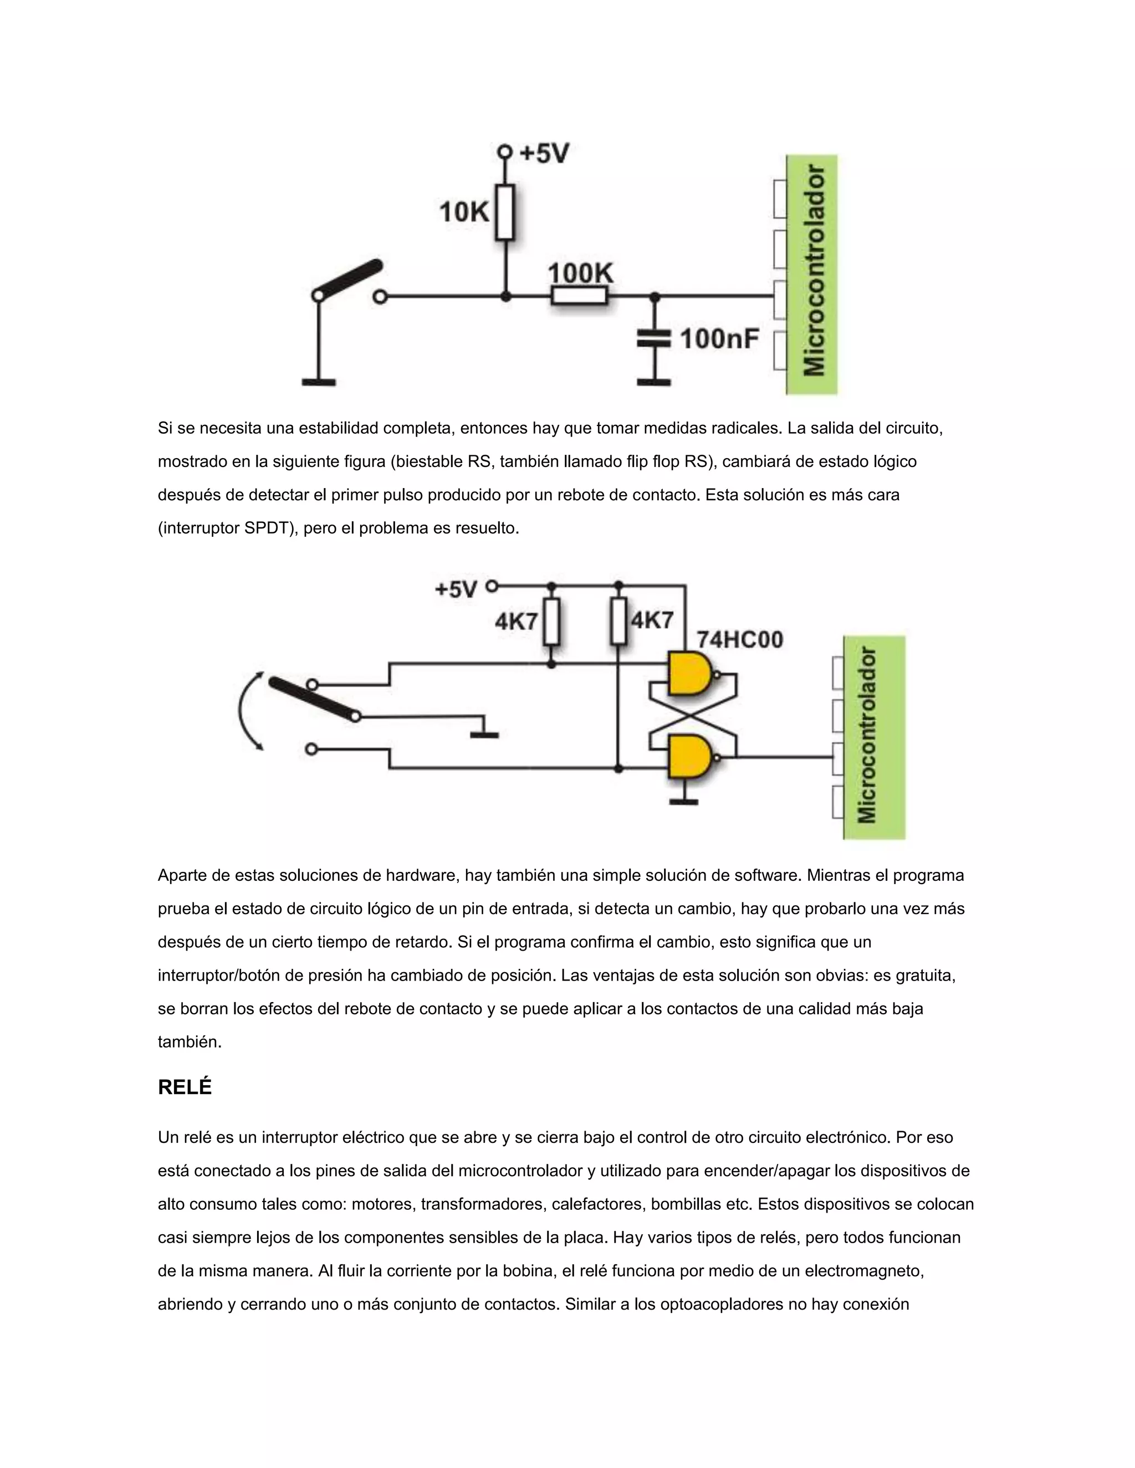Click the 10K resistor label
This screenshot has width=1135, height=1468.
coord(464,212)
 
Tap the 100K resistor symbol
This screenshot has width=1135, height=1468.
coord(579,296)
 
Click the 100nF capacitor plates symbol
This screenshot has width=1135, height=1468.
coord(653,338)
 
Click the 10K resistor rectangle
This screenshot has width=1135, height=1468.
coord(505,212)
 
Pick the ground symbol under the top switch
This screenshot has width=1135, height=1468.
coord(319,382)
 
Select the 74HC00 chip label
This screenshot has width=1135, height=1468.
coord(740,639)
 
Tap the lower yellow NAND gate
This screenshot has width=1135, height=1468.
coord(689,757)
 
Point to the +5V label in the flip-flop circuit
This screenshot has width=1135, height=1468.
coord(456,589)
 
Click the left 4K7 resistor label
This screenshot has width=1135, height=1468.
coord(516,621)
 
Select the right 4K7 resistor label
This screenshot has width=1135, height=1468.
coord(652,619)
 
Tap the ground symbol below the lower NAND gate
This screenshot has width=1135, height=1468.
coord(684,800)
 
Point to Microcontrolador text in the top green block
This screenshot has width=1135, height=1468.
coord(814,271)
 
